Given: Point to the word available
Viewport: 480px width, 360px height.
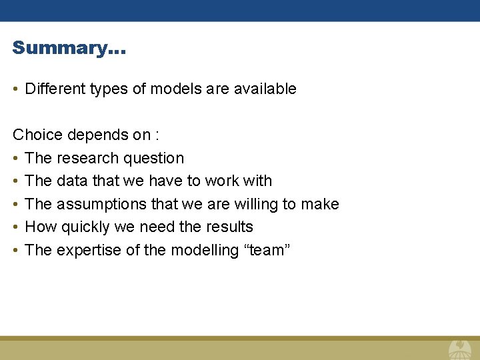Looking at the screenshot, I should point(265,89).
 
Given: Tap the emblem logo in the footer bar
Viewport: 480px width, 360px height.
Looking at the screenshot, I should point(459,349).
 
